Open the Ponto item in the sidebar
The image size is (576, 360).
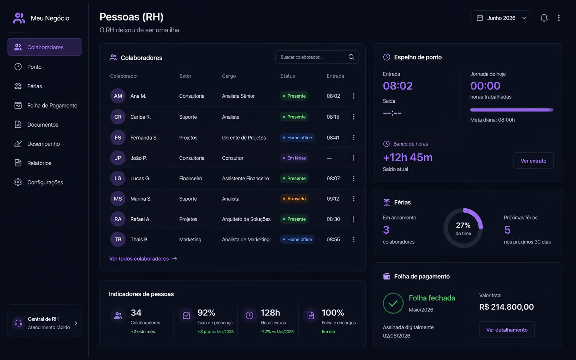(34, 67)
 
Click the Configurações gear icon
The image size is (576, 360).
(18, 182)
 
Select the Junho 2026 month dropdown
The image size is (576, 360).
(501, 18)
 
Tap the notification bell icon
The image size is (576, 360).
(544, 18)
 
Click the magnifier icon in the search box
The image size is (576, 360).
(351, 57)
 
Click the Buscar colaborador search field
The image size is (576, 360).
(317, 57)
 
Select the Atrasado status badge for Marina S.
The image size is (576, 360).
(294, 199)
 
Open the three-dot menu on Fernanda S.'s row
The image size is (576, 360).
(354, 138)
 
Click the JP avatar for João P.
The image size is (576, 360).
(118, 158)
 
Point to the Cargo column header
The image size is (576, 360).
(229, 76)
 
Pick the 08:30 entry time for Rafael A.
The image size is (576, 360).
(333, 219)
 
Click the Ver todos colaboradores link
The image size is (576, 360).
(143, 259)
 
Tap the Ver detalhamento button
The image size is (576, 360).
(507, 330)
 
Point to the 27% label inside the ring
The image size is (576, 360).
(463, 225)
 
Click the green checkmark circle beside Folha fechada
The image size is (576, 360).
(393, 303)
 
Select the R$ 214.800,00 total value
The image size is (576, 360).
(506, 307)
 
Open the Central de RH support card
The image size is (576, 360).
(45, 323)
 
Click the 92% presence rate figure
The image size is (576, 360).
(206, 313)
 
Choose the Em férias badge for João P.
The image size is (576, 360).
(294, 158)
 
